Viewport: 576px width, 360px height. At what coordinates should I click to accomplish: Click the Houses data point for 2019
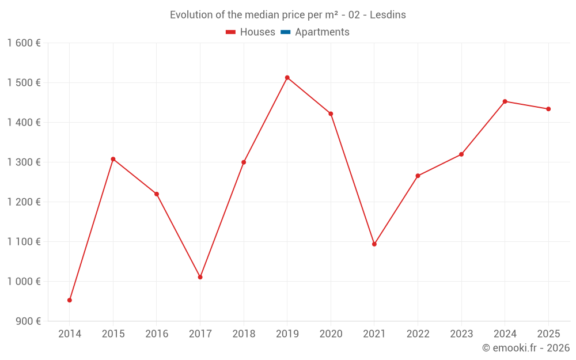click(287, 78)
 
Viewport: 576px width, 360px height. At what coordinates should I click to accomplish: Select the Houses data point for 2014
click(70, 300)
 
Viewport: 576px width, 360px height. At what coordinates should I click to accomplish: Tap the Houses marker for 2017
click(200, 277)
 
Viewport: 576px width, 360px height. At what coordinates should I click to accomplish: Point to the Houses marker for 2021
click(374, 244)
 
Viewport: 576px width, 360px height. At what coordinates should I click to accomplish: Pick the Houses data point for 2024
click(505, 101)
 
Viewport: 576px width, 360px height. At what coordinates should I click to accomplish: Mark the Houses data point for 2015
click(113, 159)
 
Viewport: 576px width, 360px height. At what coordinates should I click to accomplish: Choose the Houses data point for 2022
click(418, 176)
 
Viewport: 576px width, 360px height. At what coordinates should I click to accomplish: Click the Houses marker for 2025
click(548, 109)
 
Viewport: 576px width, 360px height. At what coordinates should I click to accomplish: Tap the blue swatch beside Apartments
click(285, 32)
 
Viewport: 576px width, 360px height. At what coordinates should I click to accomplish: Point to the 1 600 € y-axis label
click(24, 43)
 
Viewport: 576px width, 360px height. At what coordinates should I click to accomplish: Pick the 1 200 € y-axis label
click(24, 202)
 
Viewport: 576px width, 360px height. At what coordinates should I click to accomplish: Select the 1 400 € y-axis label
click(24, 122)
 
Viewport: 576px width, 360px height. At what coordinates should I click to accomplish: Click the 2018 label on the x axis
click(244, 334)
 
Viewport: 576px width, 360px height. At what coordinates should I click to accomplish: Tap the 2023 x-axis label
click(461, 334)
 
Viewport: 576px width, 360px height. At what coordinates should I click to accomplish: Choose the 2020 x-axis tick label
click(331, 334)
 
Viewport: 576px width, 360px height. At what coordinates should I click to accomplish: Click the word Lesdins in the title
click(388, 15)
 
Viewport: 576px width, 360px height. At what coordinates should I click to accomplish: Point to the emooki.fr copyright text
click(526, 348)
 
